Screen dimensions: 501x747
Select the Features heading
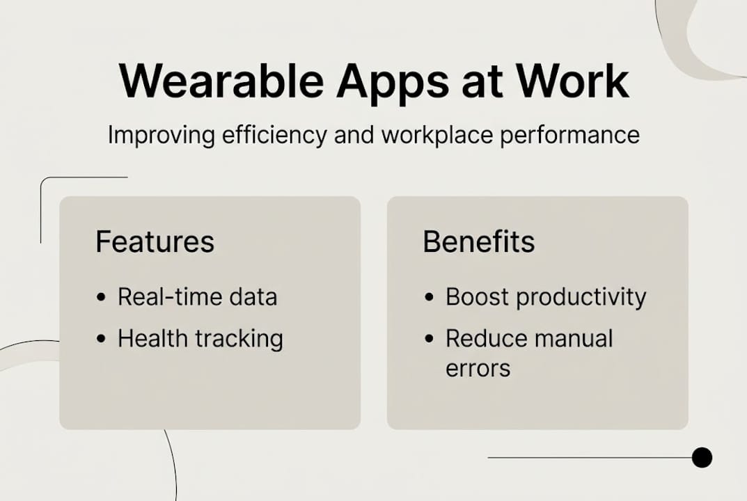tap(155, 242)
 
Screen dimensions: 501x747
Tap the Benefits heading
tap(479, 242)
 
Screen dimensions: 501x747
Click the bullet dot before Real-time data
tap(102, 298)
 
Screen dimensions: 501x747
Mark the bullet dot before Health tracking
tap(102, 340)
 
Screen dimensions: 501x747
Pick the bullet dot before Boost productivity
tap(430, 298)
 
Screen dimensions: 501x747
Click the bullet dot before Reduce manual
tap(430, 340)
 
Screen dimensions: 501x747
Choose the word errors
tap(478, 368)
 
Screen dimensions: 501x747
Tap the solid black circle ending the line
tap(702, 457)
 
